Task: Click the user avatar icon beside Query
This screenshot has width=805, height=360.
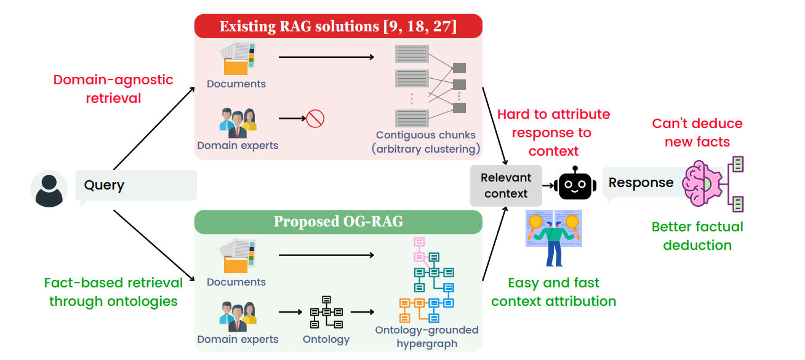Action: click(49, 189)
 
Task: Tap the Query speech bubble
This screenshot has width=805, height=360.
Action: click(135, 185)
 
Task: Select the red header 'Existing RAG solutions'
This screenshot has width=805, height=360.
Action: click(338, 26)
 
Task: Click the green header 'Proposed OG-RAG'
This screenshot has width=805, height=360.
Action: click(338, 222)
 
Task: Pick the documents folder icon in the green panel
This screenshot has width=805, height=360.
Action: click(236, 257)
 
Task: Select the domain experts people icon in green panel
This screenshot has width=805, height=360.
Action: click(238, 313)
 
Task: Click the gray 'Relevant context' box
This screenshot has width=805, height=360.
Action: click(506, 185)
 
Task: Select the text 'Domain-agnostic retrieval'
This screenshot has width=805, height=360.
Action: click(113, 89)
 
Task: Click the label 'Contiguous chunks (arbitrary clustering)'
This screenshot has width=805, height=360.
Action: click(426, 142)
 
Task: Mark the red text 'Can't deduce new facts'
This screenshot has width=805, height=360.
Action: click(697, 132)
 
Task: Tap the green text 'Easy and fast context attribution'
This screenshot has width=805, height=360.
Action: click(553, 292)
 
